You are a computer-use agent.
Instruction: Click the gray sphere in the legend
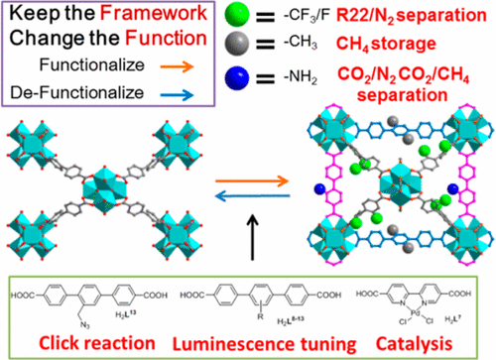click(x=223, y=44)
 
